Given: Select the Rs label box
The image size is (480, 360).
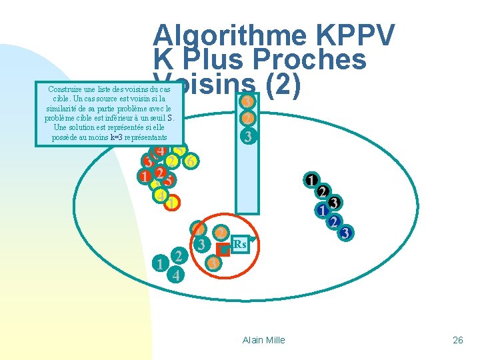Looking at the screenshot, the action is point(241,245).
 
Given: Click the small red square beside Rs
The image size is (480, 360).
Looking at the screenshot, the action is point(223,251).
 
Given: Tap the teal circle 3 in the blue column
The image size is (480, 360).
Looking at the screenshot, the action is point(247,138).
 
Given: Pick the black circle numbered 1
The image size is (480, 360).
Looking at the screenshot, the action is point(311,180).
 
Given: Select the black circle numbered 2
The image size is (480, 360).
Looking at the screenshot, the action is point(322,192).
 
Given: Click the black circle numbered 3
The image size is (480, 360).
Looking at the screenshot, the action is point(335,202).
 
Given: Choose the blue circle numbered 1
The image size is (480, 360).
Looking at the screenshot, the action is point(322,211).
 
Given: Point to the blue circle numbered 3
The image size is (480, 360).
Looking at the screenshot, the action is point(345,233).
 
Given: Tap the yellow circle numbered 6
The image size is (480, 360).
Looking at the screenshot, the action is point(191,161).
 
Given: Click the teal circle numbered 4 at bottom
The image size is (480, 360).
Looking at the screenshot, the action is point(175,274).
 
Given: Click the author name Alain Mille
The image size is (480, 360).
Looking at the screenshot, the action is point(264,340).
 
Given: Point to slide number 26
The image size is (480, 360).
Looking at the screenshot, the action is point(457,340).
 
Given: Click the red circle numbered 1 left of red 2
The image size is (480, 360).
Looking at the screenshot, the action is point(144,177).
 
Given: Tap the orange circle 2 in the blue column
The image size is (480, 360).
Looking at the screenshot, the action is point(247,119).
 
